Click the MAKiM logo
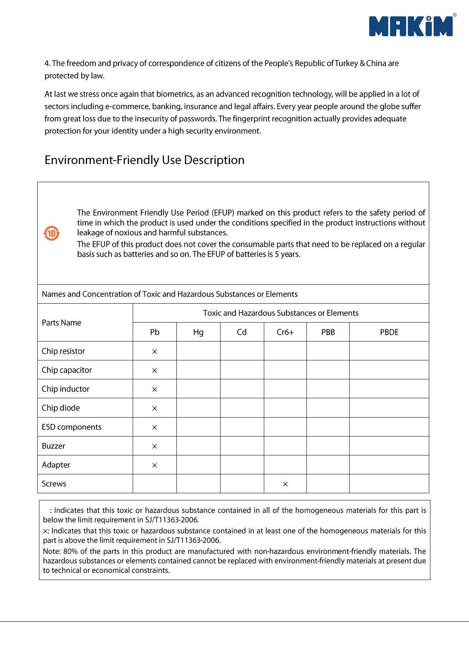(x=411, y=26)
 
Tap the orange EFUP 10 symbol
(x=52, y=233)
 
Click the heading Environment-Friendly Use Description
(x=145, y=160)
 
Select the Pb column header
(x=155, y=332)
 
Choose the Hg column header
(x=198, y=332)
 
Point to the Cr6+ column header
(x=285, y=332)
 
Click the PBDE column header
(x=389, y=332)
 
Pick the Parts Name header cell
(x=61, y=323)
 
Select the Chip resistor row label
(x=63, y=351)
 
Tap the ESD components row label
(x=72, y=427)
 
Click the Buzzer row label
(x=54, y=446)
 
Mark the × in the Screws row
(x=285, y=484)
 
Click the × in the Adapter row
(x=155, y=465)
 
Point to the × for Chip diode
(x=155, y=408)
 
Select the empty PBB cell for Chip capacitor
(x=328, y=370)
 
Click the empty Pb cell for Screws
(x=155, y=484)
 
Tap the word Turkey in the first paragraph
(x=347, y=63)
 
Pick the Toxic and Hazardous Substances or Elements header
(x=281, y=313)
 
